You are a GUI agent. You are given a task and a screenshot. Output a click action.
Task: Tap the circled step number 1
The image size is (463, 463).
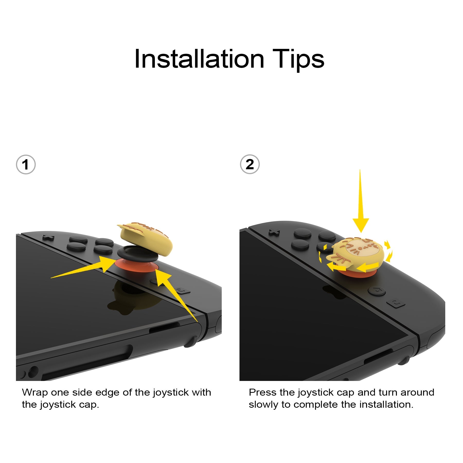coord(25,165)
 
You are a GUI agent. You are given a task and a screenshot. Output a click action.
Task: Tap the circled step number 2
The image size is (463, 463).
coord(250,164)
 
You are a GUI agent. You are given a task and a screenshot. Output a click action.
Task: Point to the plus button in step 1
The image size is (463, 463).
coord(48,237)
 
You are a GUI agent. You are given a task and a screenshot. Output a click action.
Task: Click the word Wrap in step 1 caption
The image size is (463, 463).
coord(35,393)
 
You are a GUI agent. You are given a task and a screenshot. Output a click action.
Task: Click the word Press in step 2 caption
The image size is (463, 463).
coord(263,393)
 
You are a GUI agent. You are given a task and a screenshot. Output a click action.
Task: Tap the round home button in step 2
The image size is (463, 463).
coord(377,291)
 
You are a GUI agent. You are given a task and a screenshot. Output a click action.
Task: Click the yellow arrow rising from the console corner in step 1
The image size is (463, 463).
coord(175,293)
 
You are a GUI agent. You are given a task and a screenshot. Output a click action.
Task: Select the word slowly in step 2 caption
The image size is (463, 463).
coord(263,405)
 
